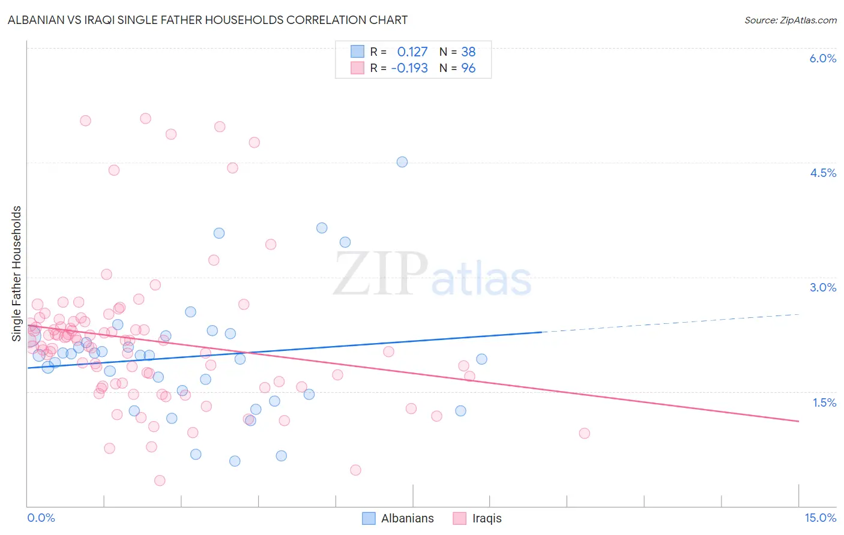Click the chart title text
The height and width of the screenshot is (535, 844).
[x=208, y=20]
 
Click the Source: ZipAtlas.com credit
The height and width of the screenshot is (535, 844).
[x=790, y=20]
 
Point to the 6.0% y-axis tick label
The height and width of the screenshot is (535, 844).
[x=822, y=58]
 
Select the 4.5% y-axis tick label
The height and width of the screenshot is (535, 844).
[x=822, y=173]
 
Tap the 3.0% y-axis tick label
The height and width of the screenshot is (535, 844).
[x=822, y=287]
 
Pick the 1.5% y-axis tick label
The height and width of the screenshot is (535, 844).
[x=824, y=402]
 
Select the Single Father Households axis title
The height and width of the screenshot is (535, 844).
[x=17, y=273]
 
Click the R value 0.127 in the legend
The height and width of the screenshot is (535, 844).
[x=412, y=52]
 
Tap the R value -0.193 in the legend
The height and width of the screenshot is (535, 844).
[x=409, y=68]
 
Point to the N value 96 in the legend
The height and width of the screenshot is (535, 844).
[x=468, y=68]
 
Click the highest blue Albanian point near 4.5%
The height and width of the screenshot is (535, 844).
[x=402, y=162]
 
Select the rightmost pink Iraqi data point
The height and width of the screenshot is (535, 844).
[x=584, y=433]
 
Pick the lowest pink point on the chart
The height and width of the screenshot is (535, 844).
[x=160, y=480]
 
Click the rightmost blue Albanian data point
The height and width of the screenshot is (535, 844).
[x=481, y=359]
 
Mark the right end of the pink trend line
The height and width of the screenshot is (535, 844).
[x=798, y=421]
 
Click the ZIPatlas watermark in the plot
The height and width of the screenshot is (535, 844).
[x=433, y=275]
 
